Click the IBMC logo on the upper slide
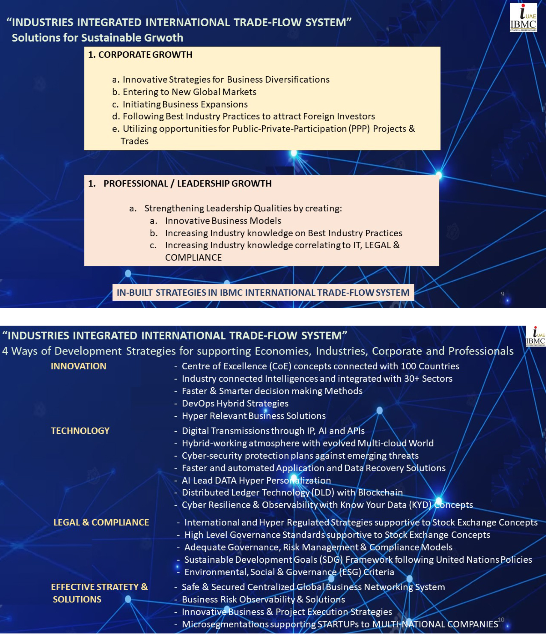tap(523, 18)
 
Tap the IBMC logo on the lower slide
tap(535, 336)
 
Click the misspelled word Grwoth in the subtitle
tap(163, 38)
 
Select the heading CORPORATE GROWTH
tap(145, 55)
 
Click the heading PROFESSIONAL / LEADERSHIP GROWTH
tap(187, 184)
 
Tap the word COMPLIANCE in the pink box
tap(193, 258)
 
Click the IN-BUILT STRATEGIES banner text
tap(263, 293)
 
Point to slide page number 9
tap(502, 294)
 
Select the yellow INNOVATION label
tap(78, 366)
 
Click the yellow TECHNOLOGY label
tap(80, 431)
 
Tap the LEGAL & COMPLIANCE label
tap(101, 522)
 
